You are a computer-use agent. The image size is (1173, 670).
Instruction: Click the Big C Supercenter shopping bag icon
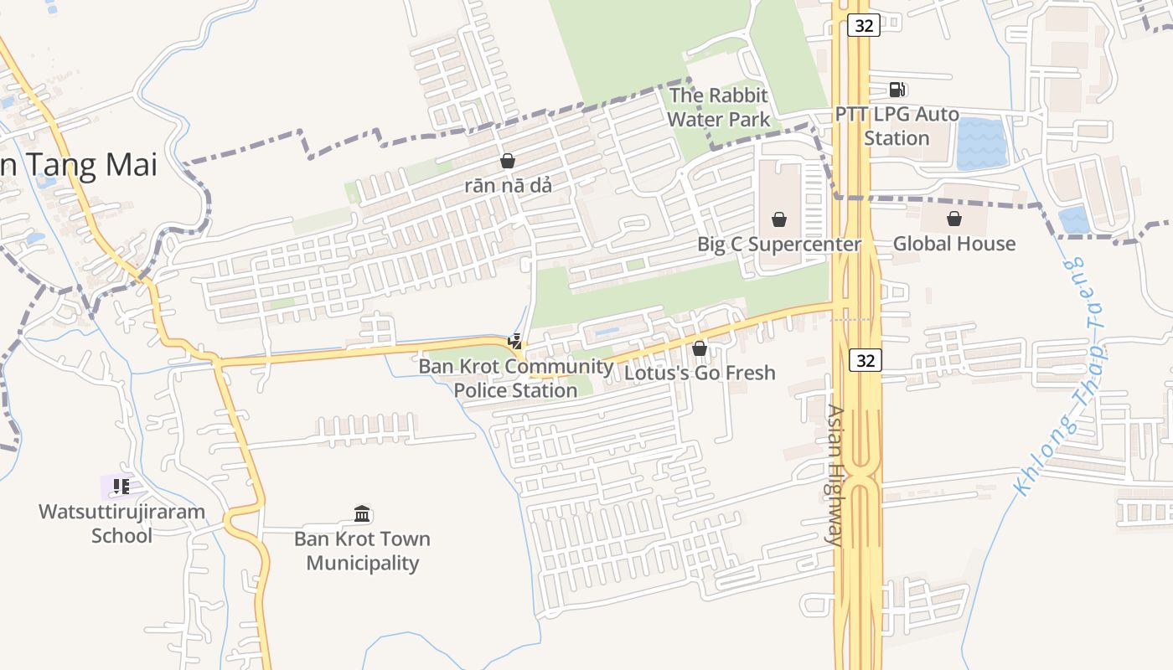779,219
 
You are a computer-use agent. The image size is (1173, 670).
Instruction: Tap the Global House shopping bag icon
953,219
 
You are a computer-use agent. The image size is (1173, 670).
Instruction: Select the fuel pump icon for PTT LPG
897,89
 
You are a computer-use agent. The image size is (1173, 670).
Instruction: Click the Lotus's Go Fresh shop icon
700,348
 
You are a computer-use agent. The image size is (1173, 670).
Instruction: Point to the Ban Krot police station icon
515,341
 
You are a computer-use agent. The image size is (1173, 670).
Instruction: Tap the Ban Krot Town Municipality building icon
362,513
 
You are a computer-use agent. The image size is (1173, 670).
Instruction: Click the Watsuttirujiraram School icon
121,486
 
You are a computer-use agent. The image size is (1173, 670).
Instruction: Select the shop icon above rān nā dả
508,160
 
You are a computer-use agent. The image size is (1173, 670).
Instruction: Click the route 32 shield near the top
864,26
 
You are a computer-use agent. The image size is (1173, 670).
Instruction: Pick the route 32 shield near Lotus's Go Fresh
866,360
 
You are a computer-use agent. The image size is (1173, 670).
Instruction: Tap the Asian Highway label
836,475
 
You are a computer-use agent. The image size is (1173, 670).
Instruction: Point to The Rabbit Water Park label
718,107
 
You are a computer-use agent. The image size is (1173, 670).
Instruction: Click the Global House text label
953,244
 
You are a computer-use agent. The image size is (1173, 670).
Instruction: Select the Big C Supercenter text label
779,244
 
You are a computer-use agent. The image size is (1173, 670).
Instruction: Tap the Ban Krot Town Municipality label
362,550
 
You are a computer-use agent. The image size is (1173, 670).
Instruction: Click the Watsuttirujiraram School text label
121,523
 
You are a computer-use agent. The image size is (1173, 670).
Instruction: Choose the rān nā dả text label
508,185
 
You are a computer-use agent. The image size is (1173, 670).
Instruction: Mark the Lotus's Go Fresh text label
700,373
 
